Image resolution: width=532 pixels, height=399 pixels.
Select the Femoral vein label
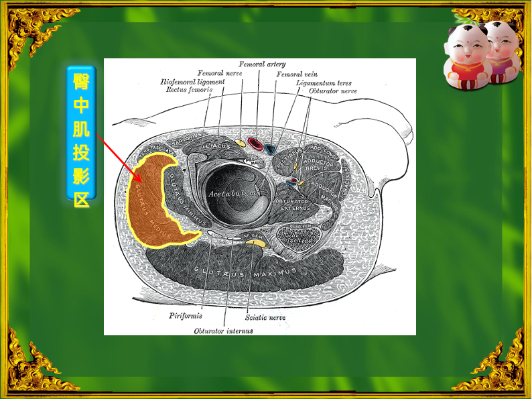tap(297, 74)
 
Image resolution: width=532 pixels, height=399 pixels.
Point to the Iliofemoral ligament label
tap(192, 81)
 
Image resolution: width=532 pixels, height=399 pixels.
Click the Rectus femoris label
tap(190, 89)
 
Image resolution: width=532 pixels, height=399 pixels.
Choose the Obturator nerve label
tap(329, 90)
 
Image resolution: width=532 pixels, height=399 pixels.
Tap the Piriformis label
tap(185, 315)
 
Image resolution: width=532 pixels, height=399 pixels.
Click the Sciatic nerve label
tap(266, 317)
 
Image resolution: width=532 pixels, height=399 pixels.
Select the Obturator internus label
tap(224, 331)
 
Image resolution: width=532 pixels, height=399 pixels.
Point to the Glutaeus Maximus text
tap(245, 271)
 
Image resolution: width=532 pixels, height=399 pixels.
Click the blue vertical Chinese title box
tap(81, 131)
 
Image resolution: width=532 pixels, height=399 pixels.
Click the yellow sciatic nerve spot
tap(255, 243)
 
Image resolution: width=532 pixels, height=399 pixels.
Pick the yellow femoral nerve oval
tap(240, 142)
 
